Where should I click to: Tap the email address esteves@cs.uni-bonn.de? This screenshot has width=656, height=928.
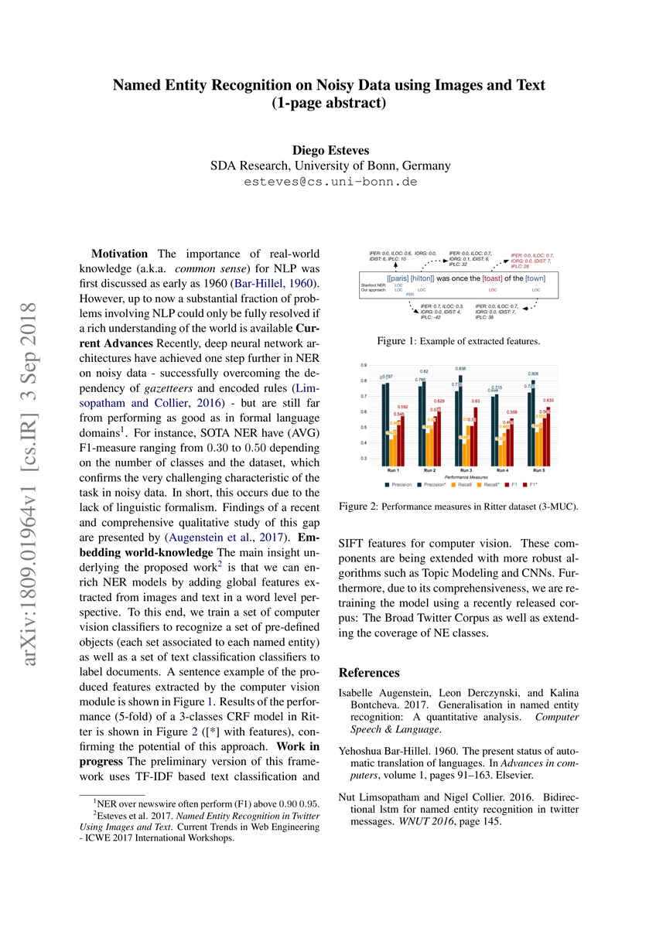331,183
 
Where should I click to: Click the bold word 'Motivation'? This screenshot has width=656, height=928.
121,254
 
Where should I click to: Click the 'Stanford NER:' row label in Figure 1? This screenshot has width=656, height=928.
375,285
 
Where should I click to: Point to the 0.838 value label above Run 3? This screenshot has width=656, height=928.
460,369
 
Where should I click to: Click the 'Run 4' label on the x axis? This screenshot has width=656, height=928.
503,469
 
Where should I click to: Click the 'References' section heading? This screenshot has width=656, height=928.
370,673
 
